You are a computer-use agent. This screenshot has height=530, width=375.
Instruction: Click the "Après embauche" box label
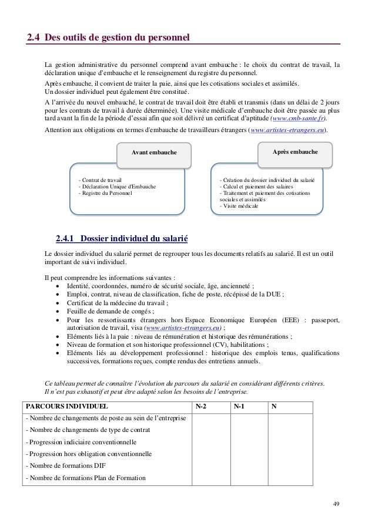296,151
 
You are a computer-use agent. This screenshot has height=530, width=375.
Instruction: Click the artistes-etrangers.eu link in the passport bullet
184,328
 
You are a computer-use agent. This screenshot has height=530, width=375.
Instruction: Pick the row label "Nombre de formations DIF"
66,466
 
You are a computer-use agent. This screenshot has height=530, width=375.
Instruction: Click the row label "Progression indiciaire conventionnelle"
81,441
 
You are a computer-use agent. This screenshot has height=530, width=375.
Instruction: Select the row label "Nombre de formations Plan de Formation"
85,478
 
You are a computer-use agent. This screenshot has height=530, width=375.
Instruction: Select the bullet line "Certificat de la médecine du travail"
118,303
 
